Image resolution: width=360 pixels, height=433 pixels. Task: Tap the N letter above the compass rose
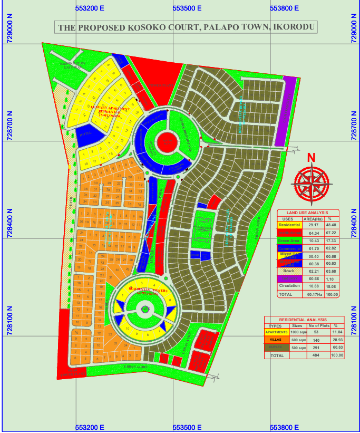311,158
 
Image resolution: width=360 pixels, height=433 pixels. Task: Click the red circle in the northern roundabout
166,142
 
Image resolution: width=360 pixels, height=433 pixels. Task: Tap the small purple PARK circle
145,310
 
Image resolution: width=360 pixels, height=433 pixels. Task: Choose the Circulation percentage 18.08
332,286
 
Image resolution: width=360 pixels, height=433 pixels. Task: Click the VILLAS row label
276,340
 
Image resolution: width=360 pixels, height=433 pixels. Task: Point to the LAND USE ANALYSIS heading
308,213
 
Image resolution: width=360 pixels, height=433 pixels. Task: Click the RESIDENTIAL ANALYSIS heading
304,320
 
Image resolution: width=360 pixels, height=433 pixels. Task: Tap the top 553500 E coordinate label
187,8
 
